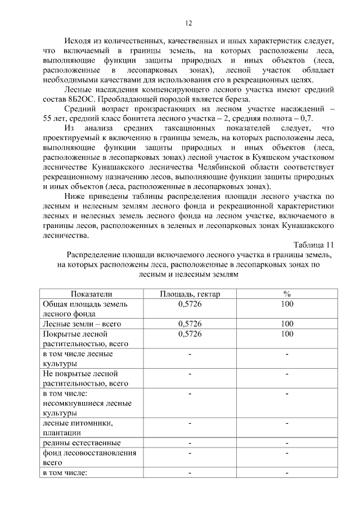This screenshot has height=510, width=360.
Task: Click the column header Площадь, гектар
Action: coord(190,294)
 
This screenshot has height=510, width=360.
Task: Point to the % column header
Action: coord(286,294)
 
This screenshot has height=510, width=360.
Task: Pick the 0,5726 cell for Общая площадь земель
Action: coord(190,304)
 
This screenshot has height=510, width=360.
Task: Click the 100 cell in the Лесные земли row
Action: coord(286,324)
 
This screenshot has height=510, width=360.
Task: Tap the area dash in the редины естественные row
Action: coord(190,442)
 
